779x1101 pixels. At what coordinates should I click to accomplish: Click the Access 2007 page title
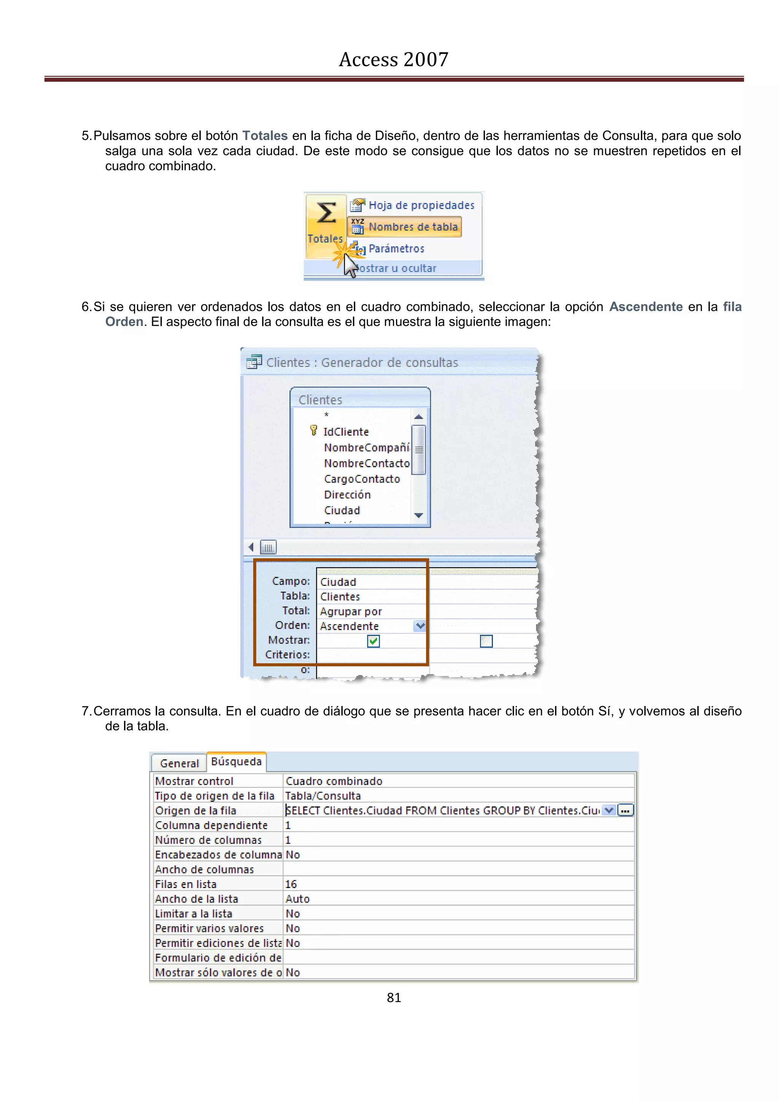[393, 59]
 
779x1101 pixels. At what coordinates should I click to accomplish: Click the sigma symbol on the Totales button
[326, 213]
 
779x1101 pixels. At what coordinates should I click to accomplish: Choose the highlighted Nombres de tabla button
[405, 227]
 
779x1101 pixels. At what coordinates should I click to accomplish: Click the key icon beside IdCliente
[314, 431]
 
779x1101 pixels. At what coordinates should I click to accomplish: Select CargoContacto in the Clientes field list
[362, 479]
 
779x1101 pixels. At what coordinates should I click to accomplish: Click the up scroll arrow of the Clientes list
[418, 417]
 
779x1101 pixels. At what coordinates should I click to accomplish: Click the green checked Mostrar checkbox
[373, 641]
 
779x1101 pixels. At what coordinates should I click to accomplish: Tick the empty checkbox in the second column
[486, 641]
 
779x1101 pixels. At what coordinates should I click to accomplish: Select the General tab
[179, 763]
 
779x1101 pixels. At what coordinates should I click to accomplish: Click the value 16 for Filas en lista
[291, 884]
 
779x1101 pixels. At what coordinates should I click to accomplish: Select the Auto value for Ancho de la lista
[297, 899]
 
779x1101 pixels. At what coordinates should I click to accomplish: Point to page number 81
[393, 998]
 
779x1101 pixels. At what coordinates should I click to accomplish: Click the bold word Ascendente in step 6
[645, 307]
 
